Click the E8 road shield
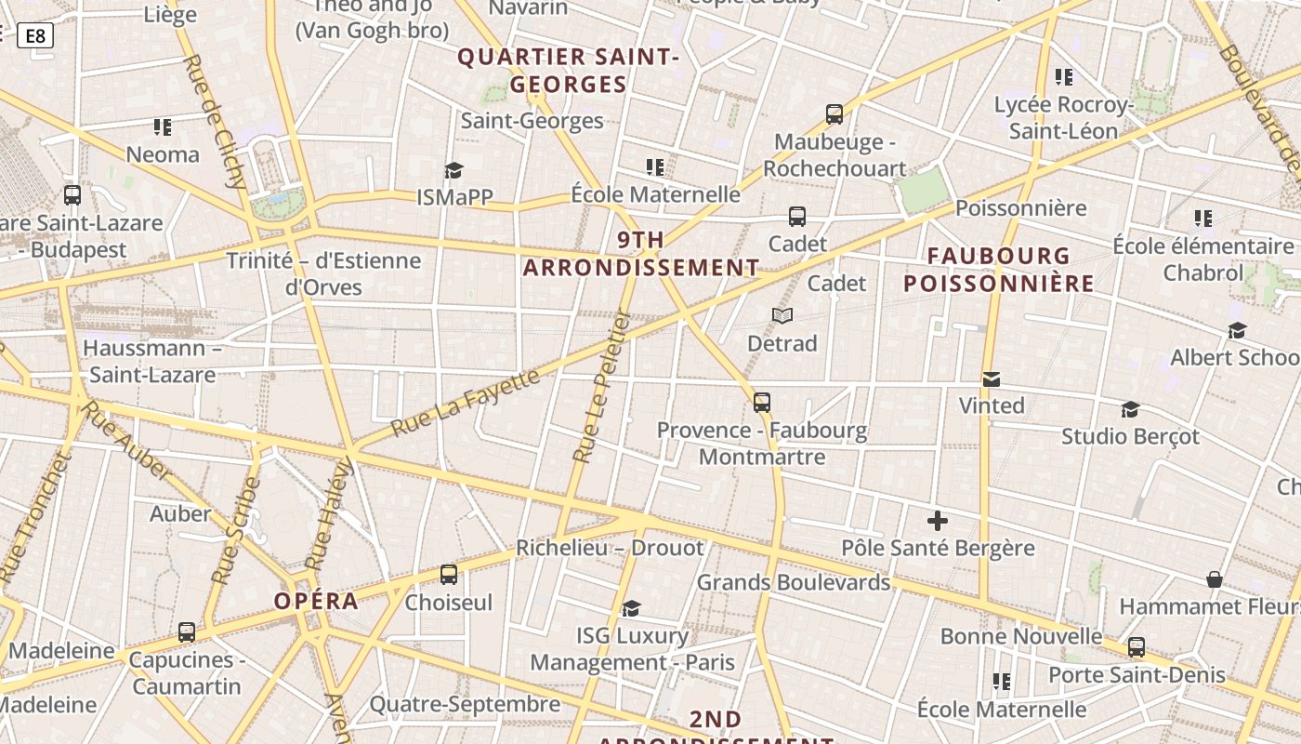[35, 36]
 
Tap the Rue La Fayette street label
[465, 403]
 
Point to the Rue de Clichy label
[214, 121]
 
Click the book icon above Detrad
[782, 316]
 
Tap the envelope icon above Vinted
[992, 379]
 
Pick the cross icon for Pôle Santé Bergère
[938, 521]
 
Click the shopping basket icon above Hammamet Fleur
[1214, 579]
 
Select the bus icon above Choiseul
[449, 575]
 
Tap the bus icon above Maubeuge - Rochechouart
[834, 115]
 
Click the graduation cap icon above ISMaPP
[453, 170]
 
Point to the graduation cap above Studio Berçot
[1130, 409]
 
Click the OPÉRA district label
[316, 601]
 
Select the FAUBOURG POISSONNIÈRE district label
[999, 270]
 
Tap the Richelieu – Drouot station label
[610, 548]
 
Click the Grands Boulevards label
[794, 582]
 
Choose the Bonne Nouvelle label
[1021, 636]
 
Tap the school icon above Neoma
[163, 126]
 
